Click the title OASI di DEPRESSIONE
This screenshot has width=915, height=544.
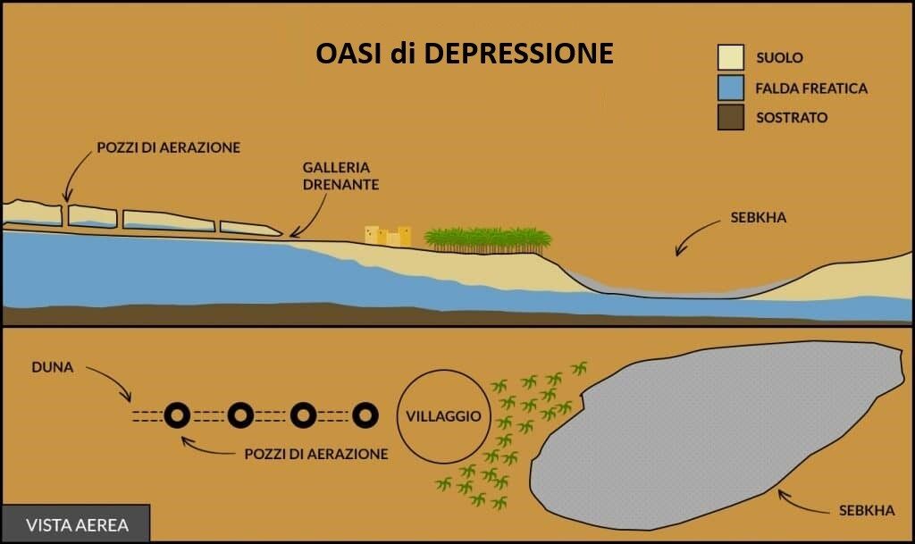pyautogui.click(x=465, y=53)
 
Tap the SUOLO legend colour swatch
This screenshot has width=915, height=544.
pyautogui.click(x=731, y=57)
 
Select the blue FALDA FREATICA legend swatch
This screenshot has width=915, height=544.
pyautogui.click(x=731, y=88)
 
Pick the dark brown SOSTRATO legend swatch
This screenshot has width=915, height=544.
pyautogui.click(x=731, y=117)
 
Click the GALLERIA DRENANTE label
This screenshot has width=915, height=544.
pyautogui.click(x=340, y=176)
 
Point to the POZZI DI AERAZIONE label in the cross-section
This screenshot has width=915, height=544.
pyautogui.click(x=169, y=147)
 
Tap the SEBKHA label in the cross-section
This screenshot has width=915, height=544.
pyautogui.click(x=758, y=217)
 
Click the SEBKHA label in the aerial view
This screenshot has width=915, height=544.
pyautogui.click(x=867, y=511)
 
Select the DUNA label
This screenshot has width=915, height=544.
pyautogui.click(x=53, y=367)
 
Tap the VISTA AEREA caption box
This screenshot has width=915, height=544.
pyautogui.click(x=77, y=524)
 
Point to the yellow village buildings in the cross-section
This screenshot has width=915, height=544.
pyautogui.click(x=388, y=236)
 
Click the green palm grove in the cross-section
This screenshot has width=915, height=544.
pyautogui.click(x=487, y=240)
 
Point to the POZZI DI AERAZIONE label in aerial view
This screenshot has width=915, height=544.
pyautogui.click(x=316, y=454)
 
